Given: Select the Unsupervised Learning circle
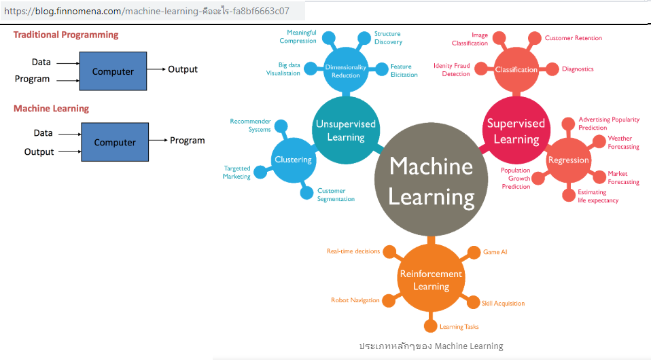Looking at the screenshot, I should point(345,130).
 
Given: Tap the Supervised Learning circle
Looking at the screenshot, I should point(516,130).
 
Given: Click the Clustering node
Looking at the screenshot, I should point(293,160).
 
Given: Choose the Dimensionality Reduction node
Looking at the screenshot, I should point(345,71).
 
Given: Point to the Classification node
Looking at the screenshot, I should point(516,69).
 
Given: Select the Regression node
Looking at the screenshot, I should point(568,160).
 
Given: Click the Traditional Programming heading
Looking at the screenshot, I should point(66,35).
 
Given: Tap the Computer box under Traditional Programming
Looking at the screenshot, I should point(113,71).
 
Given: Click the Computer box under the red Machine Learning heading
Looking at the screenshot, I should point(115,142).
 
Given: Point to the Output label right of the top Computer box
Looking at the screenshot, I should point(183,69).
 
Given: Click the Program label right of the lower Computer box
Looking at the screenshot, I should point(187,141).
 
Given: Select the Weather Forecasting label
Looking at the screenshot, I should point(623,143).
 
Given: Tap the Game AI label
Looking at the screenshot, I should point(495,252).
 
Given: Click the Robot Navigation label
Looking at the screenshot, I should point(355,300).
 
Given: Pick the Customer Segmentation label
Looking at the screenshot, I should point(336,195).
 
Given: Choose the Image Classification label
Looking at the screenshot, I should point(470,39).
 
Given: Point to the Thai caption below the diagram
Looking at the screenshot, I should point(431,346).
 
